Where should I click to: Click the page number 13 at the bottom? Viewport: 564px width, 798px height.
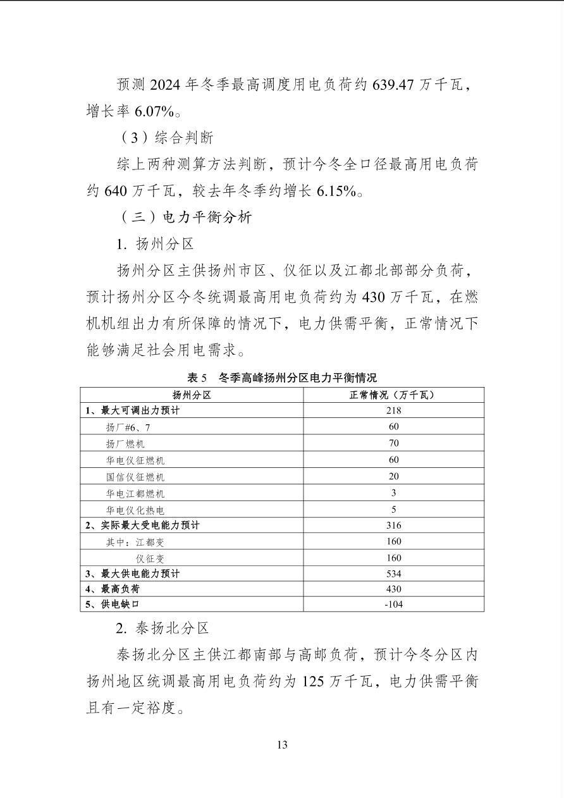click(282, 744)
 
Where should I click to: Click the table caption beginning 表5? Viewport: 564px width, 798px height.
click(282, 378)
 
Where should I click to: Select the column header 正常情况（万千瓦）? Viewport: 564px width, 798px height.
click(393, 395)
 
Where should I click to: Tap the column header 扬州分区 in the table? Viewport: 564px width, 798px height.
click(191, 395)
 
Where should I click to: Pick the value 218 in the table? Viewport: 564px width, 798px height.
click(393, 410)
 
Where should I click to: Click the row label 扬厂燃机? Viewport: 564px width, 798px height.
click(125, 444)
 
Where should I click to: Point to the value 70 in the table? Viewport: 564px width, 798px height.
click(393, 443)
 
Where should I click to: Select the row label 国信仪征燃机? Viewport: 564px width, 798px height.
click(135, 477)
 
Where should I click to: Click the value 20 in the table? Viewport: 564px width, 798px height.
click(393, 476)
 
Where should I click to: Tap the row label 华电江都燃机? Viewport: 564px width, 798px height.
click(135, 493)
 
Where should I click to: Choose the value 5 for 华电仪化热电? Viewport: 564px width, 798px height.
click(393, 509)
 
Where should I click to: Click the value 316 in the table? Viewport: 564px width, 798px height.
click(393, 525)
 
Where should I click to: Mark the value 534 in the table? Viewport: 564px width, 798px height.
click(393, 574)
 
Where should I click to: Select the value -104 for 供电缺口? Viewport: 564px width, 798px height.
click(393, 604)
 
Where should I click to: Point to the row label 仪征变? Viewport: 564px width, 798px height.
click(151, 558)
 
